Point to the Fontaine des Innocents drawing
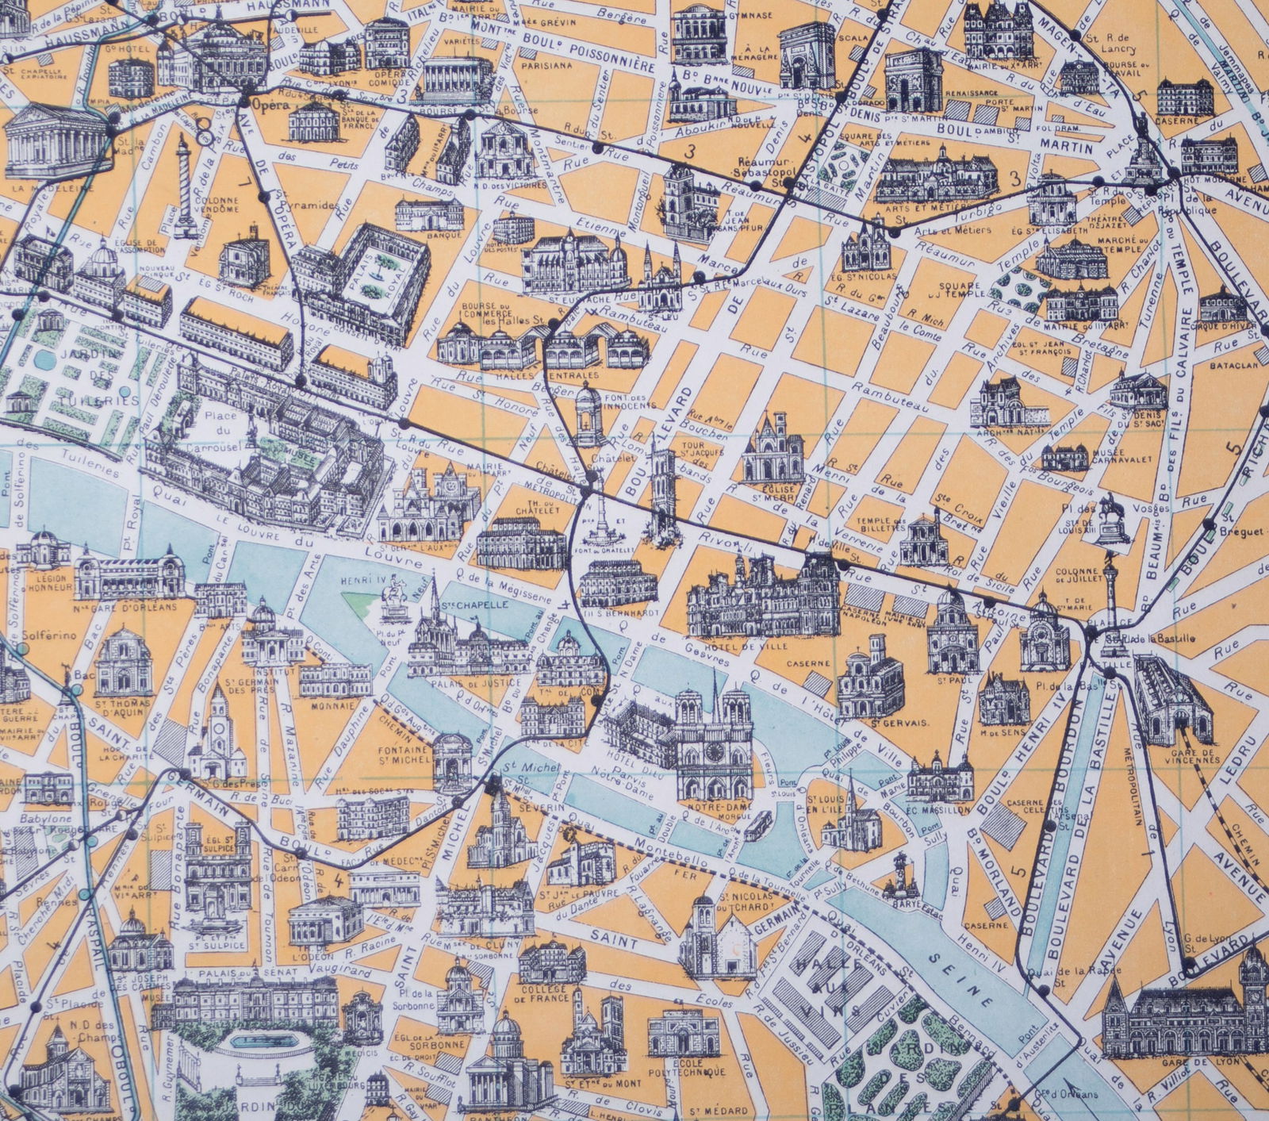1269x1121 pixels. click(587, 413)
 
